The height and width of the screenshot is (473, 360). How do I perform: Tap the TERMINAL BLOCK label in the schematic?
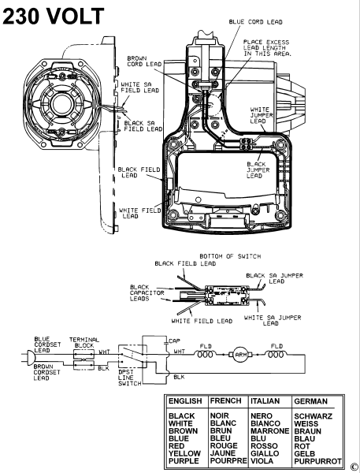(84, 340)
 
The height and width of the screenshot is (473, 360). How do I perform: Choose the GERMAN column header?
(315, 401)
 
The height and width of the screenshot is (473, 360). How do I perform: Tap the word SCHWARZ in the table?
(314, 415)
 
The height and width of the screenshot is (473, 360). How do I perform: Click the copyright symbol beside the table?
(354, 466)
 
